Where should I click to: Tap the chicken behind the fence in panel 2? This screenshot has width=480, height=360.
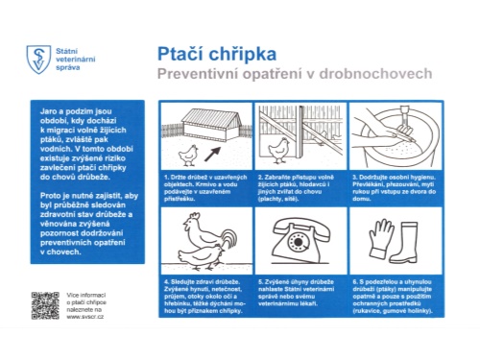pos(280,149)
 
